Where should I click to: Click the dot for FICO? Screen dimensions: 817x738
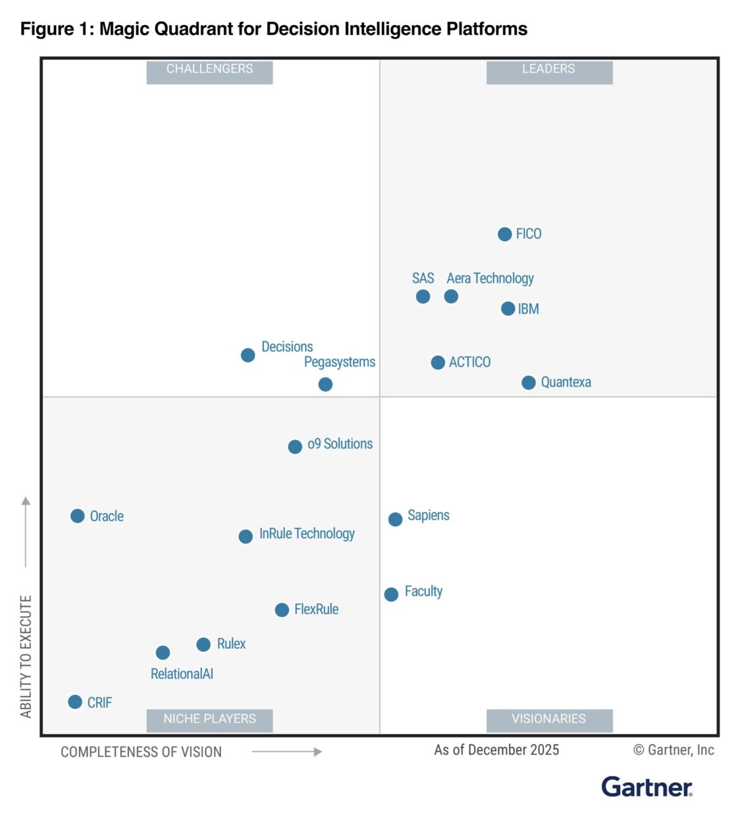click(504, 235)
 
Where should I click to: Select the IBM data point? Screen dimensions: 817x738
click(508, 309)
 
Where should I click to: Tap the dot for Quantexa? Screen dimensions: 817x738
click(528, 383)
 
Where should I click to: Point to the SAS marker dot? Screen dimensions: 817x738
click(423, 296)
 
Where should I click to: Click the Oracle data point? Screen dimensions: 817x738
click(77, 516)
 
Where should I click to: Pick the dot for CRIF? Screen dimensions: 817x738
click(75, 702)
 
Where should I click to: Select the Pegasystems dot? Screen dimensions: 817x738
click(325, 384)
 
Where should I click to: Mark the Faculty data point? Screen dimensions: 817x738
click(391, 594)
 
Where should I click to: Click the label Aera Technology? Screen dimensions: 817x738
click(490, 279)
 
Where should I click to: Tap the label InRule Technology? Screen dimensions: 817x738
click(307, 534)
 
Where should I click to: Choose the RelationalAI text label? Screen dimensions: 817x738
click(182, 674)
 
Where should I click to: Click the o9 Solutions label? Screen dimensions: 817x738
click(340, 444)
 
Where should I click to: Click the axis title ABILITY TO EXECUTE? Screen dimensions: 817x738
click(26, 656)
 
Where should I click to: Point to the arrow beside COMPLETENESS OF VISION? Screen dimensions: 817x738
click(287, 752)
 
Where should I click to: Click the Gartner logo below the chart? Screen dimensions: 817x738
click(646, 787)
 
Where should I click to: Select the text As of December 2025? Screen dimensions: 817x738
click(496, 750)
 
